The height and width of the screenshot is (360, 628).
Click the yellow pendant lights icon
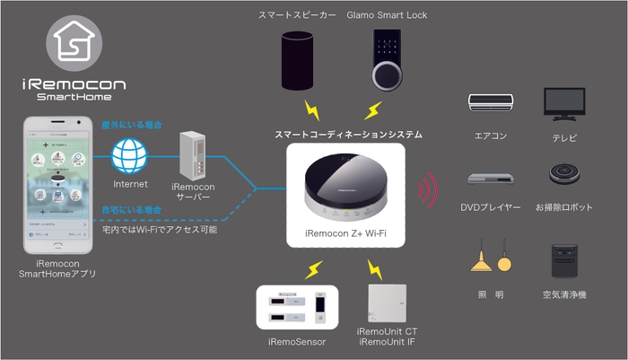point(491,260)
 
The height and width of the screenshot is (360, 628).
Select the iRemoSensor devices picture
point(297,307)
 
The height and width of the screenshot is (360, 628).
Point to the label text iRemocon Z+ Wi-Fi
point(345,236)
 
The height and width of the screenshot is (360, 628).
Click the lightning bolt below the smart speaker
point(313,110)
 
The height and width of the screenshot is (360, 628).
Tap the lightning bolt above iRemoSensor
point(314,268)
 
